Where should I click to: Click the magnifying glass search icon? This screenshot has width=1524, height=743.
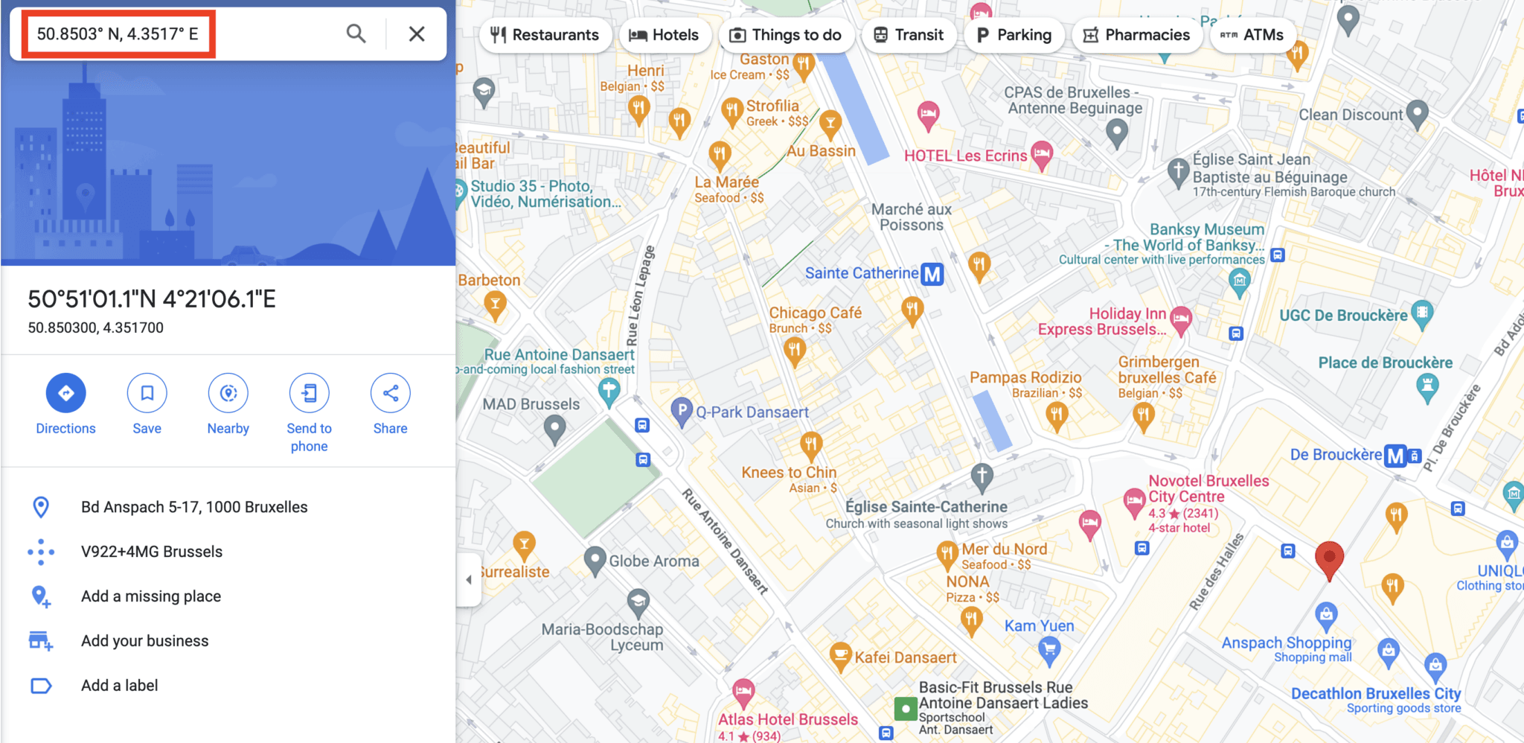click(x=356, y=34)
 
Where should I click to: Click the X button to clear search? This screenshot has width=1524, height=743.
click(x=417, y=34)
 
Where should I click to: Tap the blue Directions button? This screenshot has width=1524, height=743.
click(x=65, y=393)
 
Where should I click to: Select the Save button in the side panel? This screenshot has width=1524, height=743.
click(x=147, y=393)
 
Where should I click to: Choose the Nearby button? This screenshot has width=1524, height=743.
click(x=228, y=393)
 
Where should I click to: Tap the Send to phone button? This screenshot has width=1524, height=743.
click(x=309, y=393)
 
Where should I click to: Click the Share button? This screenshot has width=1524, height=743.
click(x=390, y=393)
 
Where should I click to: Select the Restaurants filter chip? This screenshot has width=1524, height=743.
click(x=545, y=35)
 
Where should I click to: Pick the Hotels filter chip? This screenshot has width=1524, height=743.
click(x=664, y=35)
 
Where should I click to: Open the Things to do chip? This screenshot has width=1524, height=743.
click(x=786, y=35)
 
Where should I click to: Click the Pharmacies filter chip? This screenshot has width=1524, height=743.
click(x=1136, y=35)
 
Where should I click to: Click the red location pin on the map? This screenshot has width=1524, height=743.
click(x=1329, y=559)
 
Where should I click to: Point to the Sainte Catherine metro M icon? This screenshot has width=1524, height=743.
click(x=932, y=274)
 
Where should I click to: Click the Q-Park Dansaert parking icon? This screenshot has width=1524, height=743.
click(x=682, y=410)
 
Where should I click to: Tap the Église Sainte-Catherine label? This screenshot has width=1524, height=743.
click(x=926, y=507)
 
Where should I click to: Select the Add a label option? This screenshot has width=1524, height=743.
click(x=119, y=686)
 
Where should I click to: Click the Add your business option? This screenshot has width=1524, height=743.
click(x=144, y=641)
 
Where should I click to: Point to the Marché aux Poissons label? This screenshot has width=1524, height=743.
click(x=911, y=217)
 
